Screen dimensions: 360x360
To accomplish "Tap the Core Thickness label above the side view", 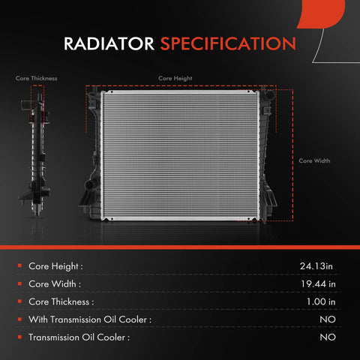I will point(36,78).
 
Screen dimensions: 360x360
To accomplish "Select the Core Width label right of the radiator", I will point(314,160).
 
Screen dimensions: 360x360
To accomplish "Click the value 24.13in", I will point(316,265).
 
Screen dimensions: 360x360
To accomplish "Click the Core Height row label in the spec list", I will point(55,265).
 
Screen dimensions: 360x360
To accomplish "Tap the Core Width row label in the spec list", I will point(54,283).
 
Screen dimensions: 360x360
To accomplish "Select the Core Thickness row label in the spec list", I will point(61,301).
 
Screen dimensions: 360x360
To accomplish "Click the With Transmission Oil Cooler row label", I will point(90,319).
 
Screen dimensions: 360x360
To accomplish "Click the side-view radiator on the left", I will point(34,150).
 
